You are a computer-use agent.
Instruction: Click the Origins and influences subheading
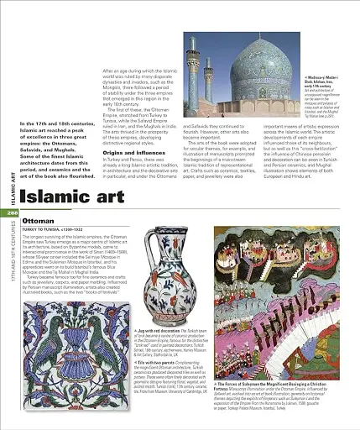133,152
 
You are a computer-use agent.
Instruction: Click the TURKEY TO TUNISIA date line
50,229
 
